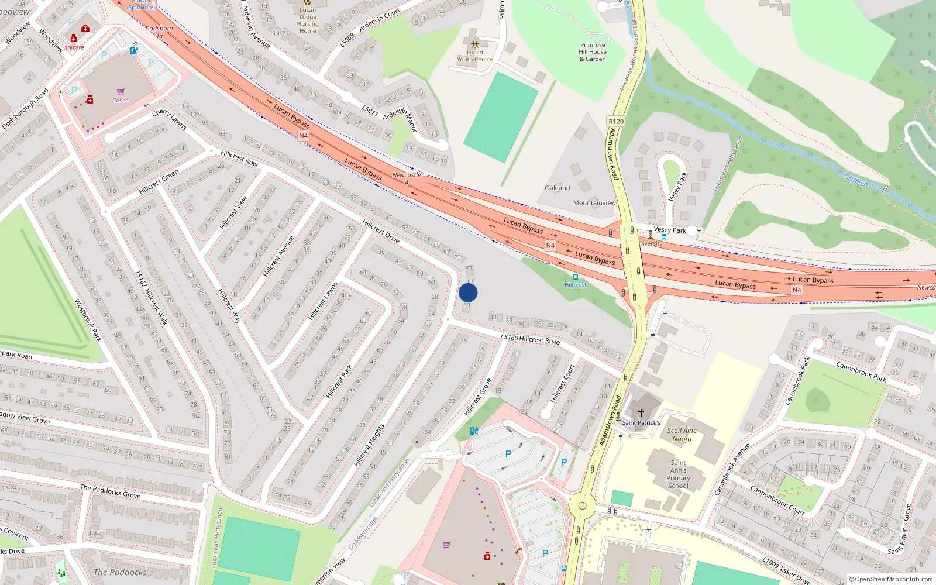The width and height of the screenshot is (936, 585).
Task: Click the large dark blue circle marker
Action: coord(468,292)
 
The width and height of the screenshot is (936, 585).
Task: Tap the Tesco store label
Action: coord(121,100)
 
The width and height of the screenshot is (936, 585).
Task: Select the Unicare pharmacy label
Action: coord(74,47)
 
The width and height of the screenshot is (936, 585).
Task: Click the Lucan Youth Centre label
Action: coord(474,56)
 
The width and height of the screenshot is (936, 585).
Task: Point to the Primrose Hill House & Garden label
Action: coord(593,51)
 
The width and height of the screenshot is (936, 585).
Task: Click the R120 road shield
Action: coord(616,122)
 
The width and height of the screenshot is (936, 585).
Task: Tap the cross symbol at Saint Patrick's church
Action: coord(641,412)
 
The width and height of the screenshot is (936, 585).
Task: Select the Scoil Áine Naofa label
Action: coord(682,435)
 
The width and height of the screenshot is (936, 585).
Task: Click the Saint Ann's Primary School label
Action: coord(678,474)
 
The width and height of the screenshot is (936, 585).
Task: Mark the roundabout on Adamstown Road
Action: coord(582,506)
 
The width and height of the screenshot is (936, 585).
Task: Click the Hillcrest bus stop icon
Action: coord(576,277)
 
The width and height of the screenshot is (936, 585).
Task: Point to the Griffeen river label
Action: coord(856,181)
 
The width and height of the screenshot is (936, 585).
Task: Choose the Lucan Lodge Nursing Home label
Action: coord(308,20)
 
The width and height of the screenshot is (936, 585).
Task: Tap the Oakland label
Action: coord(557,188)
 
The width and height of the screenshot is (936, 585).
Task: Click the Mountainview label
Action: coord(594,203)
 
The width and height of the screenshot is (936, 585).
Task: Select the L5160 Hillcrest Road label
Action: coord(530,339)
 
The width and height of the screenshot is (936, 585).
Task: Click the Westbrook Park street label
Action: coord(88,320)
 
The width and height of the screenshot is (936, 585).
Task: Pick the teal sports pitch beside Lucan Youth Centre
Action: coord(501,117)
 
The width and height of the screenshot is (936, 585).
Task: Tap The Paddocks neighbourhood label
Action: coord(120,572)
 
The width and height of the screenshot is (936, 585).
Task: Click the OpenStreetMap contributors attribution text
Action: coord(890,579)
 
